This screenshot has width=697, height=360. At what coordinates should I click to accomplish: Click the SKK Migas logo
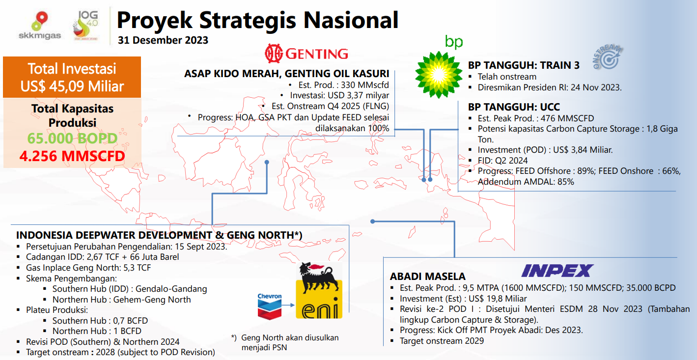[x=40, y=26]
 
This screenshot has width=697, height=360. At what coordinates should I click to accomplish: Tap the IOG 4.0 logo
[x=85, y=25]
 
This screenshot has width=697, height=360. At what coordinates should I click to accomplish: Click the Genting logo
[x=306, y=54]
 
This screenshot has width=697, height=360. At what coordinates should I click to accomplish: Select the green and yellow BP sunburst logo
[x=439, y=75]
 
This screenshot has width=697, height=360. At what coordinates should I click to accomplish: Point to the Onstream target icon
[x=608, y=57]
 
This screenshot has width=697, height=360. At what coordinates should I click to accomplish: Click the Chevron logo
[x=270, y=306]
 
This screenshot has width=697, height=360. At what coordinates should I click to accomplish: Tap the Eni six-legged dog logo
[x=319, y=290]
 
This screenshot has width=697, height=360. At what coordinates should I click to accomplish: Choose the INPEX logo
[x=558, y=271]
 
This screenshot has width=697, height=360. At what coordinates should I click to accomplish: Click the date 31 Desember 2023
[x=163, y=40]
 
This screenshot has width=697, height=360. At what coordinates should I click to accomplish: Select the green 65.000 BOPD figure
[x=72, y=138]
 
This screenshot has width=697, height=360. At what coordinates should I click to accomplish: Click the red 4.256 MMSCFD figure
[x=72, y=156]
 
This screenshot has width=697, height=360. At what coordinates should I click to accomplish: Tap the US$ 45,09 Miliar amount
[x=72, y=86]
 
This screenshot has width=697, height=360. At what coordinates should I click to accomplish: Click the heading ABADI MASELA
[x=428, y=277]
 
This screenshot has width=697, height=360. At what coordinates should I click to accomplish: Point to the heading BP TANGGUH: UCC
[x=514, y=107]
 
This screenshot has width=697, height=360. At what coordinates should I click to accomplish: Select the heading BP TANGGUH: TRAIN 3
[x=524, y=65]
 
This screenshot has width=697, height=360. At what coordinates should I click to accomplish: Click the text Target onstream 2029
[x=442, y=341]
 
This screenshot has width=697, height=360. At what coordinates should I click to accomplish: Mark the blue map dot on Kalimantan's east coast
[x=267, y=162]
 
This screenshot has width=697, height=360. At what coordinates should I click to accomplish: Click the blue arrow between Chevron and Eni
[x=288, y=305]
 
